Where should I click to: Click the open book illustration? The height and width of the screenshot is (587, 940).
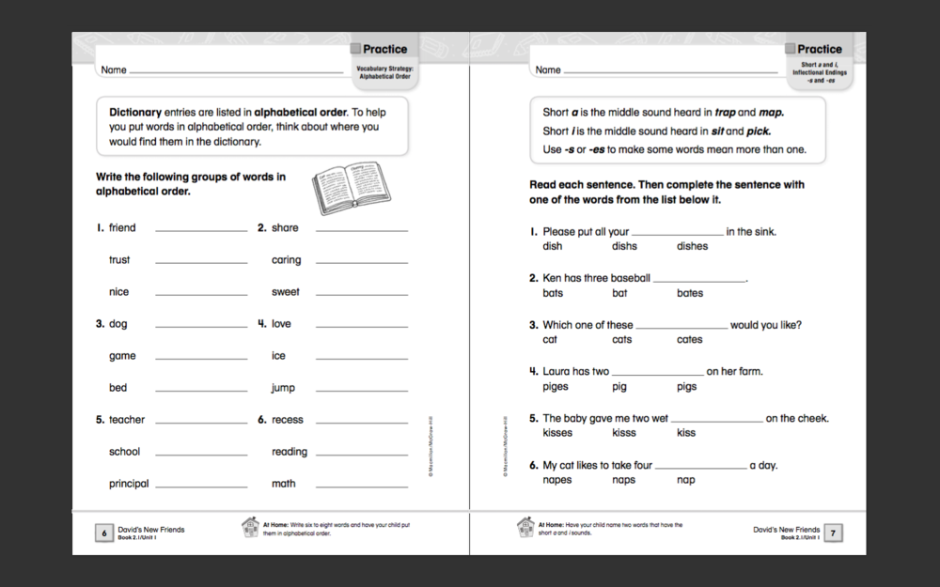click(347, 187)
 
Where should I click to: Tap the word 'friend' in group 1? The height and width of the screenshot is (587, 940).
click(122, 228)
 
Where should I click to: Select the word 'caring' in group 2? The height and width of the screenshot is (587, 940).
click(286, 260)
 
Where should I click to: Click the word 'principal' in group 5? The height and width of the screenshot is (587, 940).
click(129, 484)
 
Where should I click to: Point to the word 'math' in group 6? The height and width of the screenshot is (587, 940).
click(283, 484)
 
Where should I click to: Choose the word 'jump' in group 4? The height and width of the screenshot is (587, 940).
click(283, 388)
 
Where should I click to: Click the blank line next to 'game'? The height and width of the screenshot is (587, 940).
click(201, 359)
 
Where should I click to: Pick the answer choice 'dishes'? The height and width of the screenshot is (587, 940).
click(692, 246)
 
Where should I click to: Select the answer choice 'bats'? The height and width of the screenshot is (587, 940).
click(553, 293)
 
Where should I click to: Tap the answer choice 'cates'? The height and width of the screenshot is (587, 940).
click(689, 340)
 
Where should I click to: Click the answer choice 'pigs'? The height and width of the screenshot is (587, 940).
click(686, 387)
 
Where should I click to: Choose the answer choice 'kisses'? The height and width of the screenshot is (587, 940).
click(557, 433)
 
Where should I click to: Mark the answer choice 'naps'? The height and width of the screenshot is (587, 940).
click(623, 480)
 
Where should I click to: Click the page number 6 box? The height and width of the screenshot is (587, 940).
click(102, 533)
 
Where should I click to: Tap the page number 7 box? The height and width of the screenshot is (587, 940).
click(832, 533)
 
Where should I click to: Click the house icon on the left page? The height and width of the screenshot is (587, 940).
click(250, 528)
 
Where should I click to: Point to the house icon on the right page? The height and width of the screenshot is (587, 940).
click(525, 528)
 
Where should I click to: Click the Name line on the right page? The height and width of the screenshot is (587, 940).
click(672, 71)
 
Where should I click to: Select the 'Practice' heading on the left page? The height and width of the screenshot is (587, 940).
click(384, 49)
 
